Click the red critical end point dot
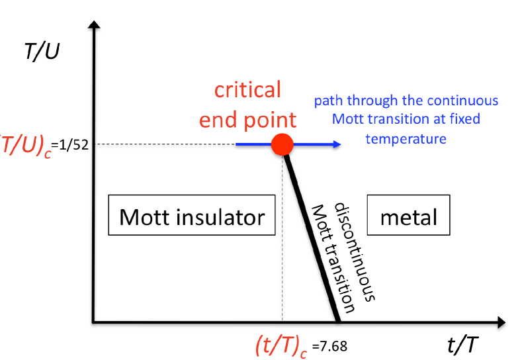click(283, 144)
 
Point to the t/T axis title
click(462, 345)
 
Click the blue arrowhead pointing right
click(337, 144)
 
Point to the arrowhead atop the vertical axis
click(94, 26)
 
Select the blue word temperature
click(406, 139)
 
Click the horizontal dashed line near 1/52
click(165, 144)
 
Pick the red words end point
click(248, 119)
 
